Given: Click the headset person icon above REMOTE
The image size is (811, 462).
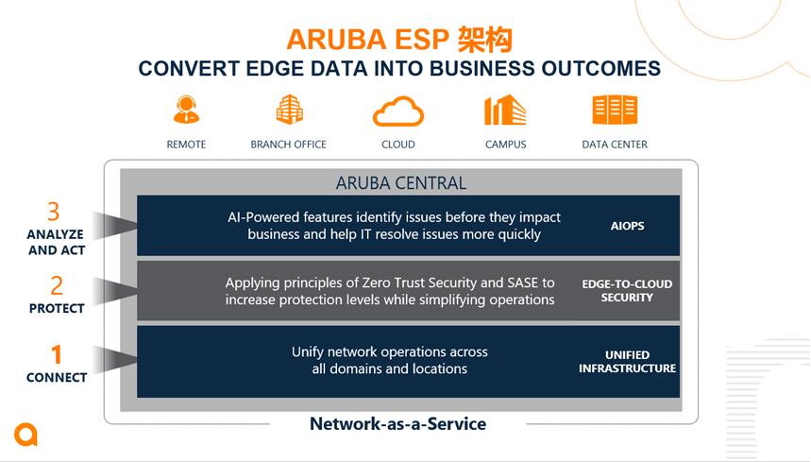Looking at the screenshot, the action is [186, 110].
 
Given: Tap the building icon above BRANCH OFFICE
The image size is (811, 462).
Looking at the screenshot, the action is [289, 110].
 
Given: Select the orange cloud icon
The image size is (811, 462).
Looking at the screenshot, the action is [398, 111].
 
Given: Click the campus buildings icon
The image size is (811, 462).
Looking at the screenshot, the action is [505, 110].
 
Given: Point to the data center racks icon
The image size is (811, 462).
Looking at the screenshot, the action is [615, 110].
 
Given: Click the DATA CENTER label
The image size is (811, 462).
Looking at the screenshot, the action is [615, 145].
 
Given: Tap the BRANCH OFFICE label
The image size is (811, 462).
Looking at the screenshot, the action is [289, 145].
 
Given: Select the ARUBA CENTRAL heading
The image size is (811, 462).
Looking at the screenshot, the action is [401, 182].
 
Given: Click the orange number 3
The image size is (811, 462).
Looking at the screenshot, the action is [53, 212].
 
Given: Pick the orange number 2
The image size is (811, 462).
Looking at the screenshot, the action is [57, 285].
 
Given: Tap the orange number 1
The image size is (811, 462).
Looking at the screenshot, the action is [57, 355].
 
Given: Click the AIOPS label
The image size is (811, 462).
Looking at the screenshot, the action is [628, 226].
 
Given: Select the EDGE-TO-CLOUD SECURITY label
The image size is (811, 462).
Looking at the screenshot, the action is [627, 290].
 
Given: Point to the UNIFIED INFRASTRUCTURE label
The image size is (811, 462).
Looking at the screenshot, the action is [628, 361].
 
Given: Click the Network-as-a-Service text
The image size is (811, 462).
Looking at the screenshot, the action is [397, 423].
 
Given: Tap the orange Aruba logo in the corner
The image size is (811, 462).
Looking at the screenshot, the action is [25, 434].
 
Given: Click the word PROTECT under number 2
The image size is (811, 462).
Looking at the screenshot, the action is [57, 308].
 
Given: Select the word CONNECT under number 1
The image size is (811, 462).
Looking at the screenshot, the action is [57, 378].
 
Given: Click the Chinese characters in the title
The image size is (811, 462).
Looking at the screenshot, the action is [484, 40].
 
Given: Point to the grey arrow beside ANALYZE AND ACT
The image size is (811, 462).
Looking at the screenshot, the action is [115, 225].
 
